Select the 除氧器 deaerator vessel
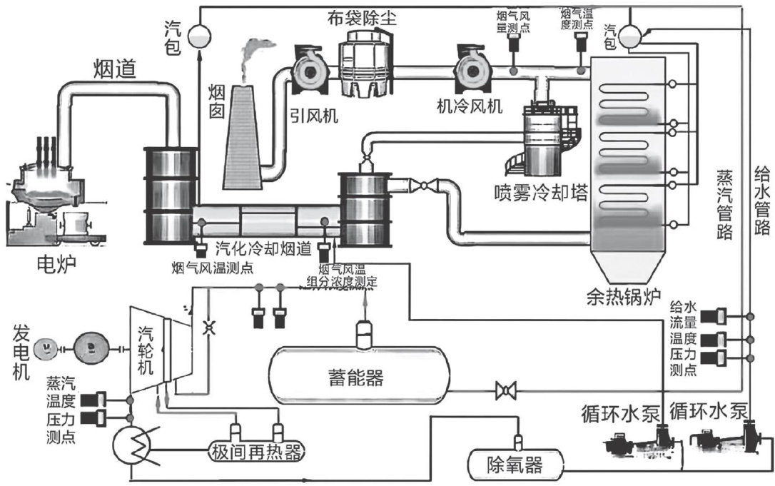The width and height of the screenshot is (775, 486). (515, 466)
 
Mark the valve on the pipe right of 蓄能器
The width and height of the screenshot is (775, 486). (506, 390)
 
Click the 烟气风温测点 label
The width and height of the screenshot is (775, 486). (212, 268)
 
